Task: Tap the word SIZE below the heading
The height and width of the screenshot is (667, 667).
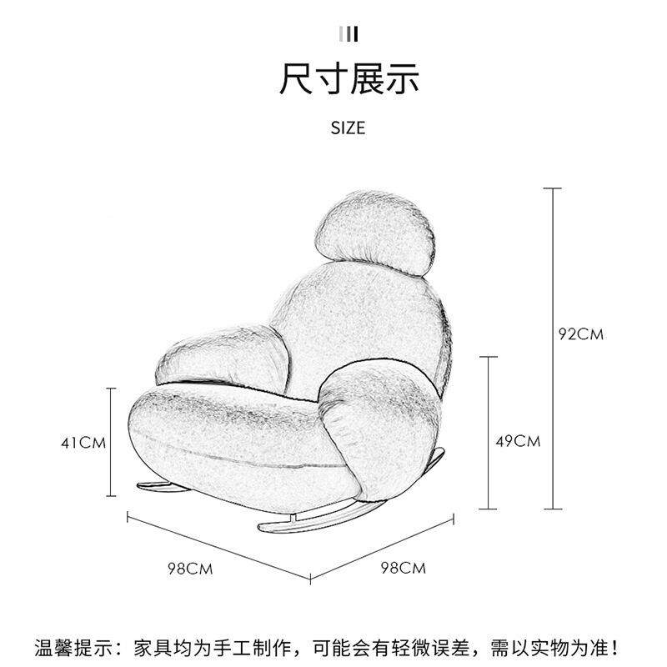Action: [349, 128]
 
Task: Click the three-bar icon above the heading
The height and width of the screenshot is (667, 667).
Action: [349, 33]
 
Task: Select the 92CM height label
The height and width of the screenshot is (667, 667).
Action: [580, 334]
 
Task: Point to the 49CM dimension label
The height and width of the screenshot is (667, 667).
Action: [518, 441]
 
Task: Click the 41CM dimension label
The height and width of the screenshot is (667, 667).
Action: [83, 443]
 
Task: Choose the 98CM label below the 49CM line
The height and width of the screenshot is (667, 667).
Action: [403, 569]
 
